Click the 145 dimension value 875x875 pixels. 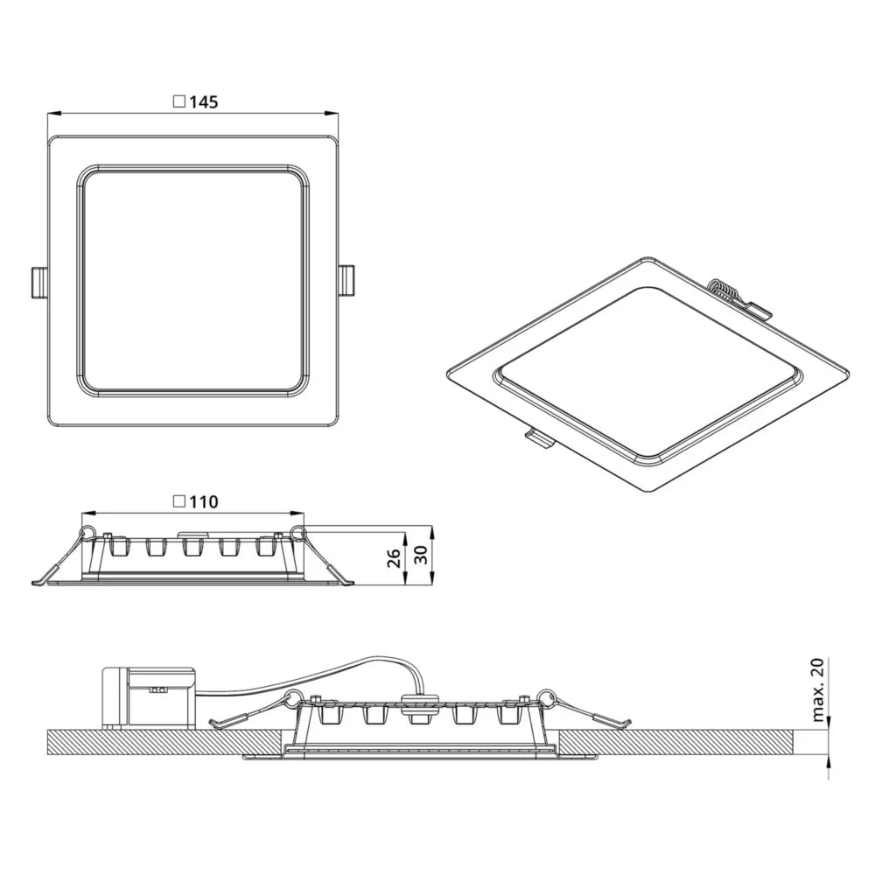(x=204, y=102)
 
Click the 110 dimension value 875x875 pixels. (x=204, y=501)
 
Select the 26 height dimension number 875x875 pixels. (x=394, y=558)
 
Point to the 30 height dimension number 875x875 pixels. (x=422, y=555)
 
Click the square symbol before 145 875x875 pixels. (x=179, y=101)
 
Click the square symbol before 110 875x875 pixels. (x=179, y=501)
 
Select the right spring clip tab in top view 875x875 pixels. (x=346, y=281)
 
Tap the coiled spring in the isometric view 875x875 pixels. (x=724, y=290)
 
